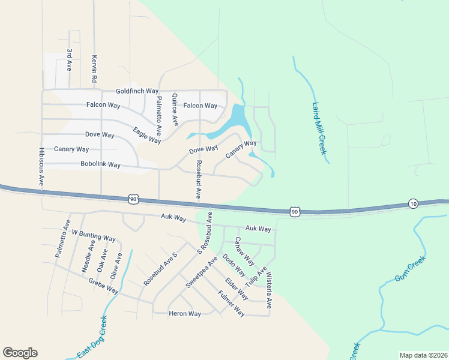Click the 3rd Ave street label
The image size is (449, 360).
point(70,60)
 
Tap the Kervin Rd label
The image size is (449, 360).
point(94,69)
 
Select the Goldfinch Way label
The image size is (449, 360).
point(137,91)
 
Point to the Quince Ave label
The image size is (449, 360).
point(175,109)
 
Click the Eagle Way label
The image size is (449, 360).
point(147,135)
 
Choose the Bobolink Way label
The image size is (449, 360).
point(101,164)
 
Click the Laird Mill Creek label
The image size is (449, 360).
point(319,128)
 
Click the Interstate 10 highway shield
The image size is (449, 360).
point(412,204)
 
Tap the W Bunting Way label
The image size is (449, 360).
point(93,235)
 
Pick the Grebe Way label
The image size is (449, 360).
point(103,284)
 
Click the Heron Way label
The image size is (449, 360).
point(184,314)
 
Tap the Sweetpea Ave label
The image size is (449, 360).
point(201,272)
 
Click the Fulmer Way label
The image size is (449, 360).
point(231,303)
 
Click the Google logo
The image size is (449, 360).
point(20,353)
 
